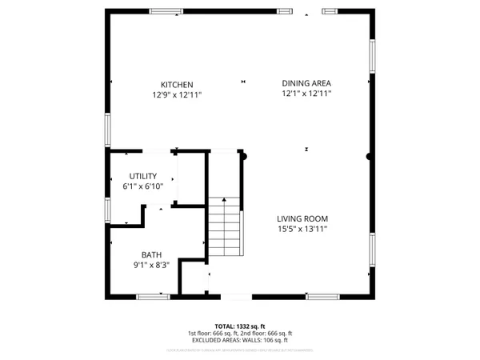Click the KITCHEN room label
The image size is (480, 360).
click(x=176, y=84)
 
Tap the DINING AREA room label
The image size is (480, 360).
click(x=306, y=83)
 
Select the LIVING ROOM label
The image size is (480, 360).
click(x=302, y=218)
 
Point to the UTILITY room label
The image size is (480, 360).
click(x=143, y=176)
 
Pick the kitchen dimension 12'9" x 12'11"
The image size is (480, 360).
click(x=176, y=94)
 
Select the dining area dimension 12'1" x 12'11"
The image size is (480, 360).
click(x=306, y=94)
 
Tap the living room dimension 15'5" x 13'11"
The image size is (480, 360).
click(x=302, y=229)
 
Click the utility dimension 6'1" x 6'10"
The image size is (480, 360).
click(x=143, y=186)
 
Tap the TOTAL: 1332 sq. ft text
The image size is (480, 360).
click(x=239, y=326)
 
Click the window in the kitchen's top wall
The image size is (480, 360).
click(x=166, y=11)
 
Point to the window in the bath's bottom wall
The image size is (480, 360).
click(x=152, y=297)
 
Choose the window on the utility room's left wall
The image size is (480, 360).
click(x=107, y=209)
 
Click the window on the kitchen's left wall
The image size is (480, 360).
click(x=107, y=129)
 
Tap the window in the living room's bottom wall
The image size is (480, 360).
click(x=322, y=297)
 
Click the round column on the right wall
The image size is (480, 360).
click(x=369, y=157)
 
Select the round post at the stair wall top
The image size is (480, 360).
click(x=246, y=157)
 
